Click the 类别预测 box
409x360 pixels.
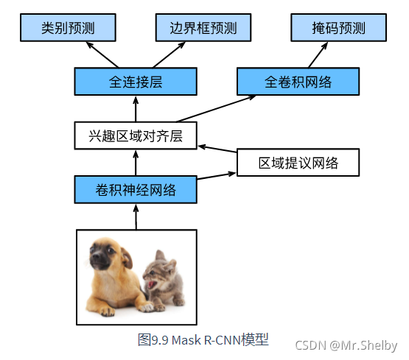pos(68,27)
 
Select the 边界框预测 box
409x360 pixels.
pos(203,27)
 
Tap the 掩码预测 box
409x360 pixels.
pos(338,27)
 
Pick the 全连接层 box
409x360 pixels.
pos(136,82)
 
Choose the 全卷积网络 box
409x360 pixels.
pos(298,82)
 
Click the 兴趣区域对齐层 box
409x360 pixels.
pos(136,135)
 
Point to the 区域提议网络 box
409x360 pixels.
pos(298,163)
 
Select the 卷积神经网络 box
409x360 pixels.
pos(136,190)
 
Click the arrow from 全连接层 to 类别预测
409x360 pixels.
pos(102,54)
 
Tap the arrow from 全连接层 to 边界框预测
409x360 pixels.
pos(169,54)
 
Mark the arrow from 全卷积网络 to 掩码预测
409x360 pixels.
pos(318,54)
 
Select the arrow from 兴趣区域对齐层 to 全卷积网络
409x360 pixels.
pos(217,109)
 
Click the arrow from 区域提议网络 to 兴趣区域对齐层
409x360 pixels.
pos(217,149)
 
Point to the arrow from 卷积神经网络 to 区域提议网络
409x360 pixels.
pos(217,176)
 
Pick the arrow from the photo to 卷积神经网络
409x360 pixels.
pos(136,216)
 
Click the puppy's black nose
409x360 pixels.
pos(95,256)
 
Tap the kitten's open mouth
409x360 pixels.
pos(152,283)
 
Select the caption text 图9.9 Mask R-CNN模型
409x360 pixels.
pos(203,339)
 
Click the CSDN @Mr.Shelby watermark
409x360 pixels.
pos(346,345)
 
